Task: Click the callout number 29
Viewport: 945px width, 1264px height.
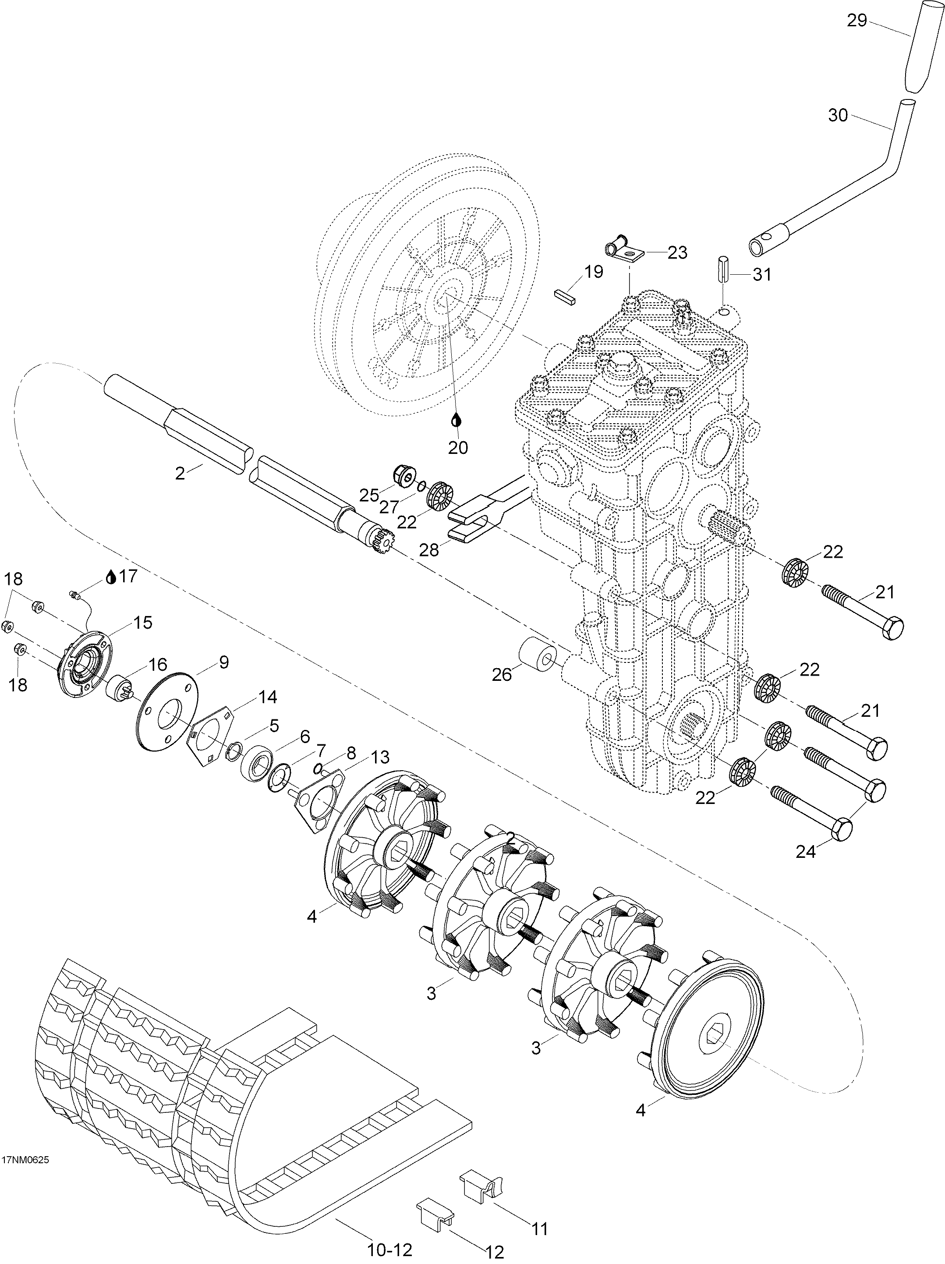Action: click(x=857, y=21)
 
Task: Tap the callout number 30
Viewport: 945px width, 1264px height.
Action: click(x=839, y=116)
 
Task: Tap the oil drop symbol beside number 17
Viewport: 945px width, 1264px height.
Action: click(x=111, y=578)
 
